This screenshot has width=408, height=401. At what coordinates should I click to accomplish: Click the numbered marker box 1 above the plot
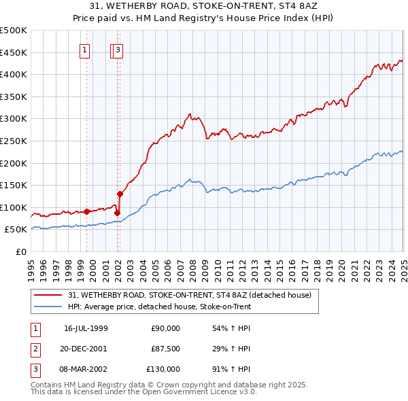[x=84, y=49]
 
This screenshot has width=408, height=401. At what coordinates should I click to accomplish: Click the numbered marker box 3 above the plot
[x=118, y=49]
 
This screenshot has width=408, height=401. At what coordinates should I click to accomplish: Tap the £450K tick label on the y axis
[x=14, y=52]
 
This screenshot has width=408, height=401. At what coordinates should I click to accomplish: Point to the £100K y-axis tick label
[x=14, y=207]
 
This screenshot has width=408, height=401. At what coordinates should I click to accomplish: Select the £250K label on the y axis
[x=14, y=141]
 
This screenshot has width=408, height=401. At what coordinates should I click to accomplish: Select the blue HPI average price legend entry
[x=160, y=307]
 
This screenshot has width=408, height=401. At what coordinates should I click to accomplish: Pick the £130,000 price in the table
[x=163, y=369]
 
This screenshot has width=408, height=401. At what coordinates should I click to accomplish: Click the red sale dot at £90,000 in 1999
[x=87, y=211]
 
